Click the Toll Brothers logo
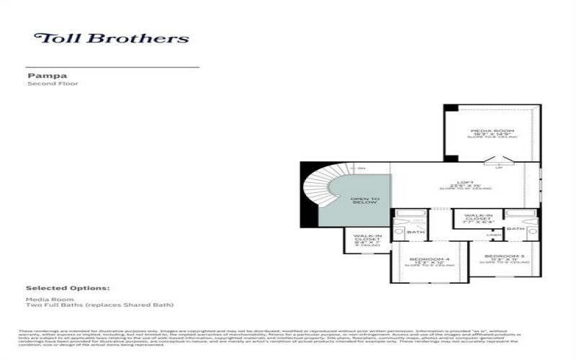112,38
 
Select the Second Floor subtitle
53,84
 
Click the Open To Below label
364,201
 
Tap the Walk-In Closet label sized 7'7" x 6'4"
478,218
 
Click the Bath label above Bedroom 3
515,229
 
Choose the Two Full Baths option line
100,305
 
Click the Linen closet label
493,234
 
